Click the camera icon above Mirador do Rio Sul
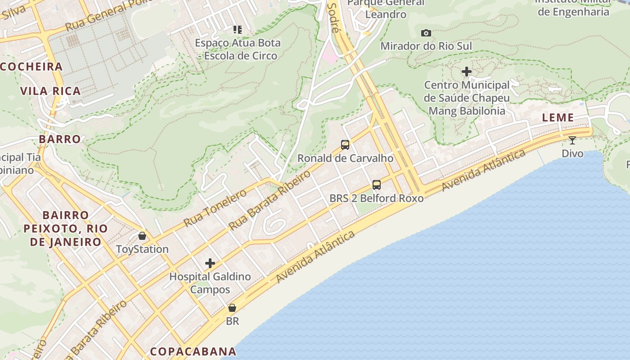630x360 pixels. point(426,33)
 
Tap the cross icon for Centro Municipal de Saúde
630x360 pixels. point(467,72)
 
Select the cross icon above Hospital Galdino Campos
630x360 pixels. point(210,263)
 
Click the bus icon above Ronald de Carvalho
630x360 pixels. point(345,145)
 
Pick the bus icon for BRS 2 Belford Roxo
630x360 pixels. point(377,185)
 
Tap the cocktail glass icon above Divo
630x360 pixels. point(572,140)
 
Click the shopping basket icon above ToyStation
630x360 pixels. point(142,236)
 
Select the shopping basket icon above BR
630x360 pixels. point(232,308)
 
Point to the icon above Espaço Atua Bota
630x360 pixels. point(238,30)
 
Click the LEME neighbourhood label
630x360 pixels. point(558,118)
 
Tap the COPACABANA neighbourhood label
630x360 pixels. point(193,351)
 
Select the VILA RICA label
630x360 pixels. point(50,91)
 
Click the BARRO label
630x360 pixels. point(60,139)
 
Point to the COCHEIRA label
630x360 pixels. point(31,67)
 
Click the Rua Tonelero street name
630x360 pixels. point(215,208)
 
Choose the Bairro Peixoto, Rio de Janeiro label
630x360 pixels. point(66,229)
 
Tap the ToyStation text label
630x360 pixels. point(142,249)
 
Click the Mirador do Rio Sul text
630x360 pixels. point(426,46)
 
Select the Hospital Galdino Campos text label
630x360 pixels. point(210,283)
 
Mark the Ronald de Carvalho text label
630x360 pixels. point(345,158)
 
